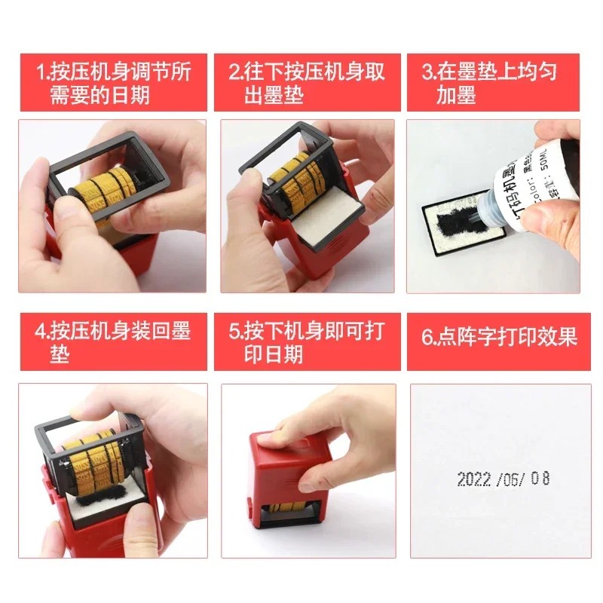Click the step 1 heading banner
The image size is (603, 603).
coord(112,83)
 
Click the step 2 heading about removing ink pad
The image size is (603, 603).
coord(305,83)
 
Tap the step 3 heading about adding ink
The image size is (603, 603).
coord(494,83)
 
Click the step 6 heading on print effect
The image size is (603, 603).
coord(494,336)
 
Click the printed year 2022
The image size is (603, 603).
coord(474,479)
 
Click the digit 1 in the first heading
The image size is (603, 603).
coord(41,73)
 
